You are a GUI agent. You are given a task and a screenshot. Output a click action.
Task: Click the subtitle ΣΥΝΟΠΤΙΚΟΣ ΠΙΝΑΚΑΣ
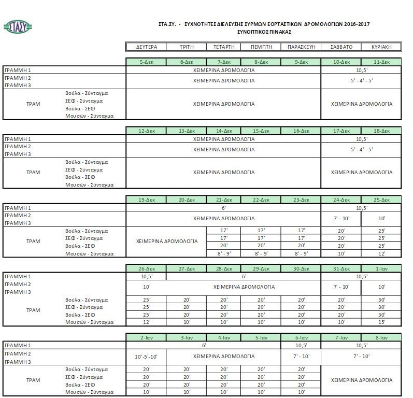pyautogui.click(x=264, y=32)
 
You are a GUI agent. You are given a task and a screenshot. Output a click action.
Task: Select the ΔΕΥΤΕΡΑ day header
pyautogui.click(x=146, y=47)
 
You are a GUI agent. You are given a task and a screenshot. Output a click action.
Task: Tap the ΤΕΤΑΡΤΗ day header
pyautogui.click(x=224, y=47)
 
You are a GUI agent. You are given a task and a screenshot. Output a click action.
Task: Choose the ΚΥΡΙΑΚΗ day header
pyautogui.click(x=381, y=47)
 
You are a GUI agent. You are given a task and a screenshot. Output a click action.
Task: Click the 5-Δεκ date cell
pyautogui.click(x=146, y=62)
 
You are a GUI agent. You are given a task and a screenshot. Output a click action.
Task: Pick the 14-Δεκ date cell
pyautogui.click(x=224, y=131)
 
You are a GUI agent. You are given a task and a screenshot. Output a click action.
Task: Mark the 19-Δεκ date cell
pyautogui.click(x=146, y=200)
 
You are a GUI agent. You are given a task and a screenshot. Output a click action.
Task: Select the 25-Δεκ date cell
pyautogui.click(x=381, y=200)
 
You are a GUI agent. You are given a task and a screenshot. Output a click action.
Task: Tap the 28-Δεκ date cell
pyautogui.click(x=224, y=269)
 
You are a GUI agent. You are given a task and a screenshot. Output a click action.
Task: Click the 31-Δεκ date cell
pyautogui.click(x=341, y=269)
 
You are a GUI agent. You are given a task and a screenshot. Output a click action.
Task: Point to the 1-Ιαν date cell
pyautogui.click(x=381, y=269)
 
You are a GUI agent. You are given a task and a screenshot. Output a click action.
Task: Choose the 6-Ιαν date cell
pyautogui.click(x=301, y=338)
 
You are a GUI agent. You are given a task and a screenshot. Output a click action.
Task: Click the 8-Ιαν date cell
pyautogui.click(x=381, y=338)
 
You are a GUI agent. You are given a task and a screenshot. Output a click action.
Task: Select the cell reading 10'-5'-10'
pyautogui.click(x=146, y=357)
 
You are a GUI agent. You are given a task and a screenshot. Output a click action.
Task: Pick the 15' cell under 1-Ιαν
pyautogui.click(x=381, y=322)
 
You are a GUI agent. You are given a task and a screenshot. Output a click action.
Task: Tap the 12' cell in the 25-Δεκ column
pyautogui.click(x=381, y=253)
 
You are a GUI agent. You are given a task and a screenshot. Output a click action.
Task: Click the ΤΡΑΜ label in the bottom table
pyautogui.click(x=33, y=380)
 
